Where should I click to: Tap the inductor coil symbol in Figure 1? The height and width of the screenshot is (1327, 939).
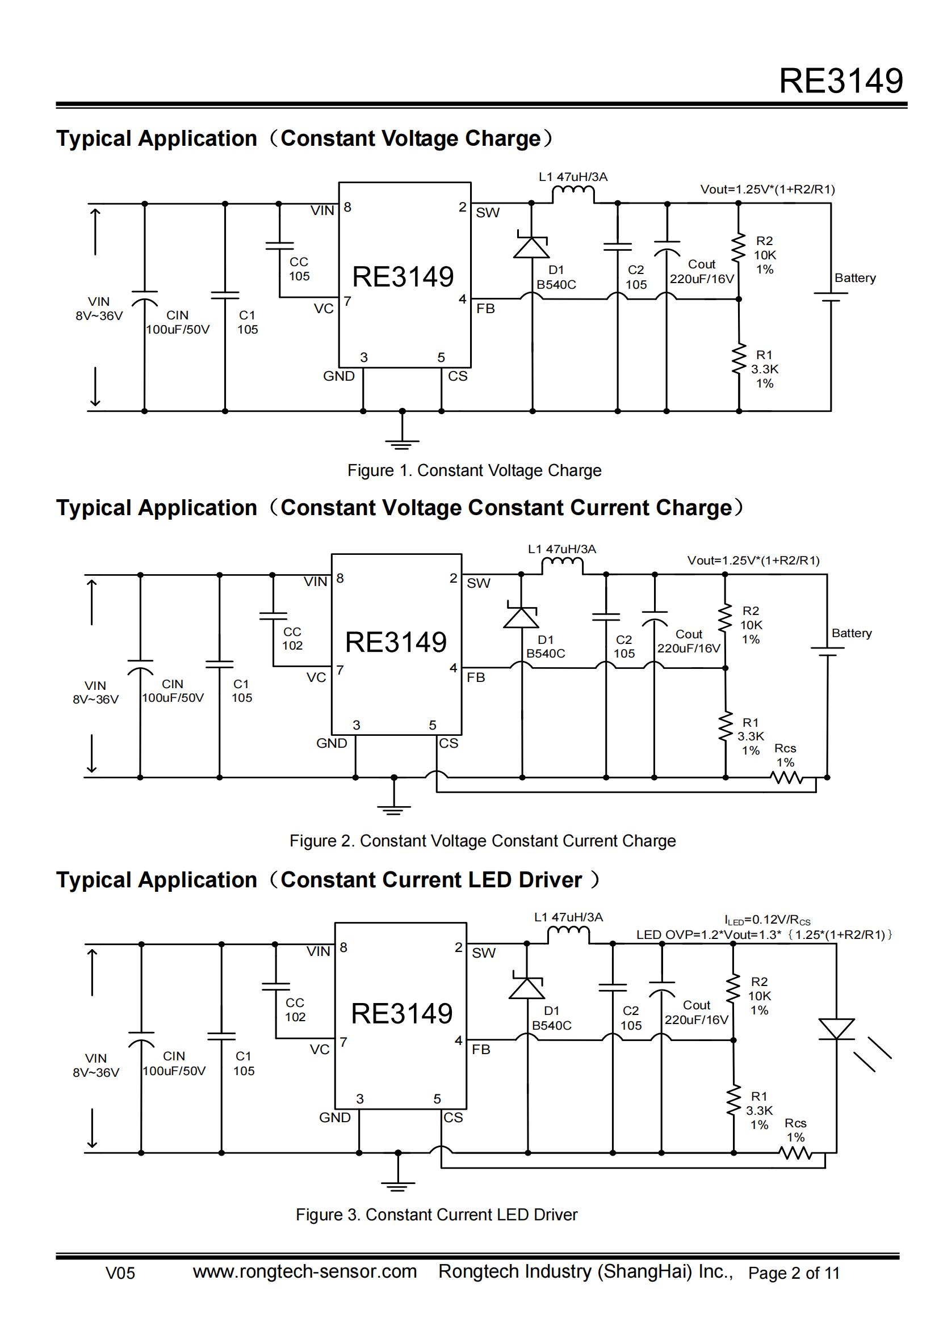pos(573,194)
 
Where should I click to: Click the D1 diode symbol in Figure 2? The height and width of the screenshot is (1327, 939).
pos(521,617)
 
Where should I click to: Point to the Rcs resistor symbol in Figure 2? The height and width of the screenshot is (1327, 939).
pos(787,778)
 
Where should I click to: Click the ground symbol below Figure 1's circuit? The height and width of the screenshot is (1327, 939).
pos(403,442)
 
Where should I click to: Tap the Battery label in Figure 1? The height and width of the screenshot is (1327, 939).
pos(854,278)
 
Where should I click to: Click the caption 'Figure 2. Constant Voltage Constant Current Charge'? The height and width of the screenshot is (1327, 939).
pos(482,841)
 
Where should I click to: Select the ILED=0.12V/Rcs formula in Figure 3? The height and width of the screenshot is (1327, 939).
pos(768,920)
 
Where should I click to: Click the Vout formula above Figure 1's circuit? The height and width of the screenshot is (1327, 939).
pos(768,189)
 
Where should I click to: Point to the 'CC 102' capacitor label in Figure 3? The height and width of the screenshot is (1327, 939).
pos(295,1010)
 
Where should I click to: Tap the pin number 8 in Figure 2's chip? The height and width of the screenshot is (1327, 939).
pos(340,579)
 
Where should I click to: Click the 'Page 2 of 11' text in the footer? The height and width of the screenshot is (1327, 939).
pos(793,1273)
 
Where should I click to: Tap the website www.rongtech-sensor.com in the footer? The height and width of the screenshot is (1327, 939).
pos(305,1271)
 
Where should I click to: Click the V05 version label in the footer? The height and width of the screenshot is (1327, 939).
pos(120,1273)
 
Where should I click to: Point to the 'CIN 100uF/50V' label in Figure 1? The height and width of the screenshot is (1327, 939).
pos(178,322)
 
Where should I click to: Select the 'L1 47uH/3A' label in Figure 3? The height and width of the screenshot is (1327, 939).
pos(568,917)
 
